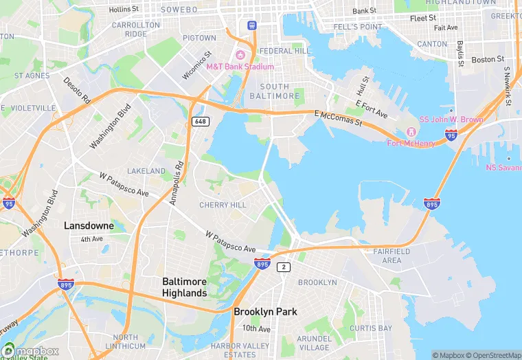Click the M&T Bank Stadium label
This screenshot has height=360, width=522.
[240, 67]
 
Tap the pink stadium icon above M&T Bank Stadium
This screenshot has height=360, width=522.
[240, 55]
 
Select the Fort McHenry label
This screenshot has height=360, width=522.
[410, 143]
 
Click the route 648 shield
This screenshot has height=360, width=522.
[200, 122]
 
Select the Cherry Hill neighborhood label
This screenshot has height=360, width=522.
[223, 205]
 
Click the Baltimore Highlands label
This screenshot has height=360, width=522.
[184, 287]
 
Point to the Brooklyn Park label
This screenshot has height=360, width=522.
[265, 311]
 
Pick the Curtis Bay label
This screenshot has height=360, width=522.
[370, 328]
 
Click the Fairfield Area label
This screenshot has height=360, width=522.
[391, 256]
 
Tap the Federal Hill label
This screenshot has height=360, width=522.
[286, 51]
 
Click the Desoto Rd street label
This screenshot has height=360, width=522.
[77, 90]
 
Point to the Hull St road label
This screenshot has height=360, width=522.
[361, 86]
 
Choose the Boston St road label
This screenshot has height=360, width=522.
[488, 60]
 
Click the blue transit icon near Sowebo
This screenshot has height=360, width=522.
[252, 25]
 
